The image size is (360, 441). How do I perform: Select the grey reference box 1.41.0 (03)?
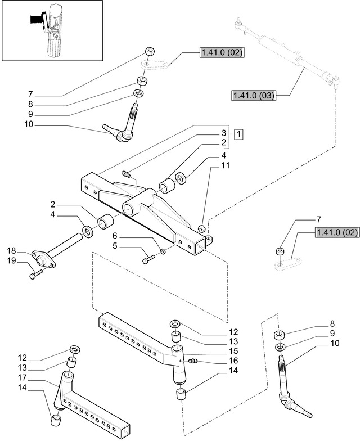coord(253,96)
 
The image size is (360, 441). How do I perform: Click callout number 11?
coord(224,166)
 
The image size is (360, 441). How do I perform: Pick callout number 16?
coord(233,361)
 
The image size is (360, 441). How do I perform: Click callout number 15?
coord(233,350)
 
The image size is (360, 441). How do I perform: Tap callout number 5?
coord(115,246)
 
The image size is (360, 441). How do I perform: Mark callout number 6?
coord(115,237)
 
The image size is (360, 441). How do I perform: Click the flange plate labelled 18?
coord(41,260)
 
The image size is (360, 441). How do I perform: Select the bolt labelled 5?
coord(148,259)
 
